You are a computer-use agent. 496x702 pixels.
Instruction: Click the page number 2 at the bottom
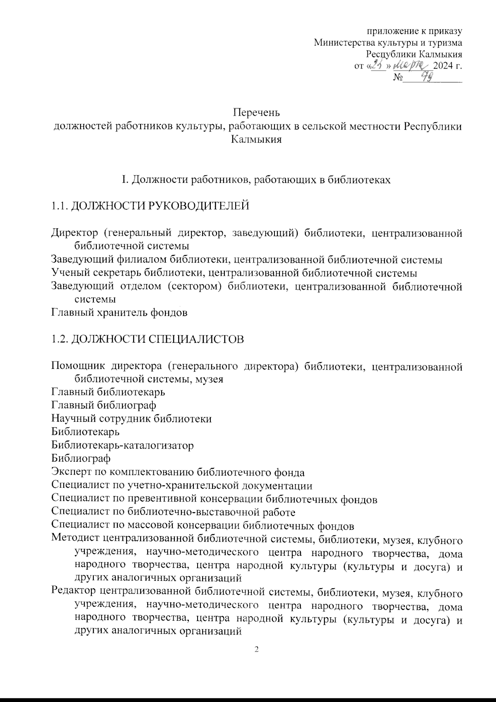[256, 650]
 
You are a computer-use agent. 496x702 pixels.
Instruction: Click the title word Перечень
[256, 112]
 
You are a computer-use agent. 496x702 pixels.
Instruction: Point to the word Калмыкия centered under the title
[256, 139]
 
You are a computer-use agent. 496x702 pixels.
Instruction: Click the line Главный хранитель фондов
[119, 313]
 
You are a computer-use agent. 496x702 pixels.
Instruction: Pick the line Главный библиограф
[104, 405]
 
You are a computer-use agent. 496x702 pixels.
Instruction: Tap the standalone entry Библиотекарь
[86, 432]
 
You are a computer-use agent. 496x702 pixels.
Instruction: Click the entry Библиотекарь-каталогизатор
[123, 446]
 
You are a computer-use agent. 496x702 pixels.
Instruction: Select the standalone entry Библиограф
[81, 459]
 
